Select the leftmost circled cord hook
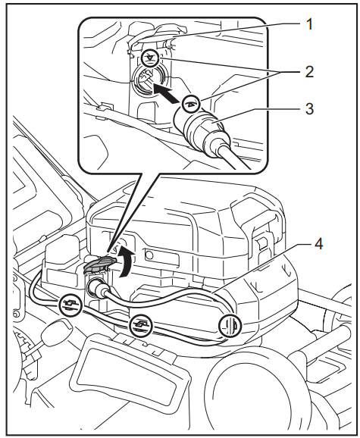[69, 306]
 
